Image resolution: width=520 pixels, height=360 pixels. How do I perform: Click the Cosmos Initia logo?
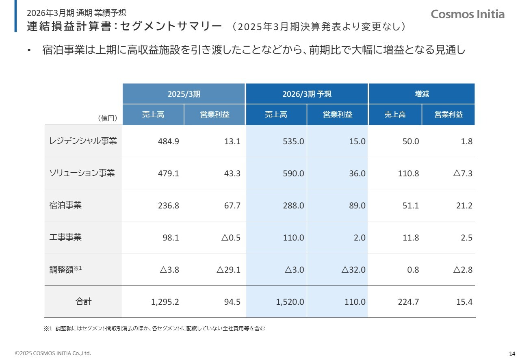point(468,14)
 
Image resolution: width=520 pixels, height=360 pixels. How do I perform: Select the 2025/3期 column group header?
point(184,94)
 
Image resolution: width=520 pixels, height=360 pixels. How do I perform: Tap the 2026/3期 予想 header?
point(307,94)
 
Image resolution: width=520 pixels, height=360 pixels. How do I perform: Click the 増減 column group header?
point(422,94)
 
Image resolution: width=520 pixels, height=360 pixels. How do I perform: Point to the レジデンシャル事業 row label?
point(83,141)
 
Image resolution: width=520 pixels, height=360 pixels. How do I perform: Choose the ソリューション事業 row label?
point(82,173)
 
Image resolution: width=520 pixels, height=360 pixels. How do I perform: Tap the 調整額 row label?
point(65,269)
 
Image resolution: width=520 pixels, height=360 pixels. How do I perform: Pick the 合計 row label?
point(83,301)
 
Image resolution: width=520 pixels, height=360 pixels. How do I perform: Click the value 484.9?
point(168,141)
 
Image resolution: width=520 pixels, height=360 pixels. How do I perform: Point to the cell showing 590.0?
point(293,173)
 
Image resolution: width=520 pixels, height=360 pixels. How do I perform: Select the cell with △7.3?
point(462,173)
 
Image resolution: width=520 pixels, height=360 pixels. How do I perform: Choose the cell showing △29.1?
point(228,270)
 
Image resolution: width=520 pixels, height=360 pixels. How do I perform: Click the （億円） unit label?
point(108,118)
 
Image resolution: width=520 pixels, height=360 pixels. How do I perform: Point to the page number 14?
point(512,353)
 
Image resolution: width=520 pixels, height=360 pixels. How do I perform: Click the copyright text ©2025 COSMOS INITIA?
point(53,353)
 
